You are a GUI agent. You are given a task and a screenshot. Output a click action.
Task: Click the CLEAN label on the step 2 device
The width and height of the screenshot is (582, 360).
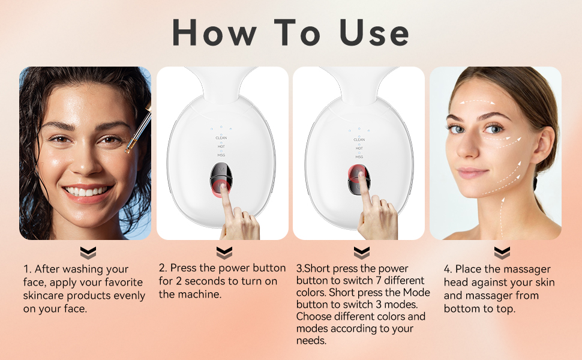221,138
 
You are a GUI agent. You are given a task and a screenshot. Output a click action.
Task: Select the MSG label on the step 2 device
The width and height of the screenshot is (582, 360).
221,155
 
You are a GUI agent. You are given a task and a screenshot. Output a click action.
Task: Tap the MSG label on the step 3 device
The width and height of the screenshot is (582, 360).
359,156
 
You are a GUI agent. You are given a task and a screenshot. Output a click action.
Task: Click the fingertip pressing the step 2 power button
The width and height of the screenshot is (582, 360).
223,188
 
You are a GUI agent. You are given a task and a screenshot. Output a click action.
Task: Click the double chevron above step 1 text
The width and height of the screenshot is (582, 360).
88,253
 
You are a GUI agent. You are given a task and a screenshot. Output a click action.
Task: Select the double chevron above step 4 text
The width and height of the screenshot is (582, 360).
502,253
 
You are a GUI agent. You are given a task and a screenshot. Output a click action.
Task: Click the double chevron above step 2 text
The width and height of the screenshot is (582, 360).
224,253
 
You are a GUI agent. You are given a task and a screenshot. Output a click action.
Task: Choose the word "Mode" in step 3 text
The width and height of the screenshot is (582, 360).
416,293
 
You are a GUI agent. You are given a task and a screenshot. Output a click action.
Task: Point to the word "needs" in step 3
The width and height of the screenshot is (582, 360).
311,340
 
